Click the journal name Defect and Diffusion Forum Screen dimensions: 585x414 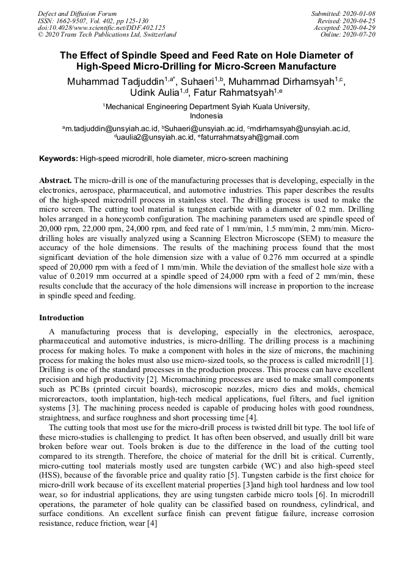pos(77,13)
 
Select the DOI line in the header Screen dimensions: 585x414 pos(101,27)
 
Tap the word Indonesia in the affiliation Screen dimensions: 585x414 pos(206,115)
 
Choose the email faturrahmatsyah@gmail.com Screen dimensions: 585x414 pos(249,137)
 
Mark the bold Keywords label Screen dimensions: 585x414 pos(59,159)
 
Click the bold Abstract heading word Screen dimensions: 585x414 pos(56,181)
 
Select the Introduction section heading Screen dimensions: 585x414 pos(62,318)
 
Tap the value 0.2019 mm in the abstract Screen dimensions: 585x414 pos(78,276)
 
